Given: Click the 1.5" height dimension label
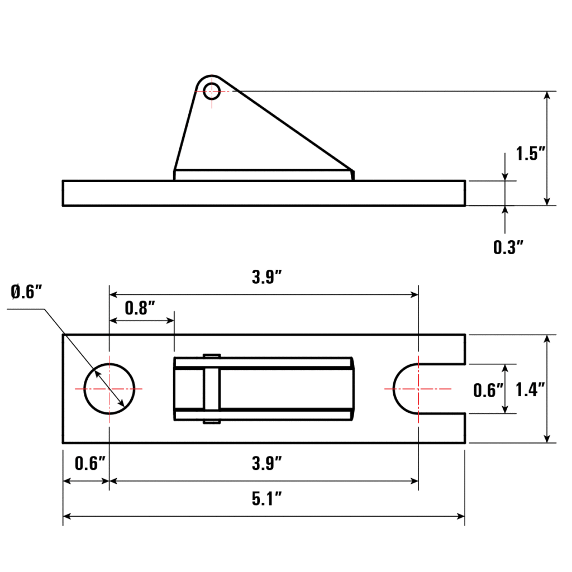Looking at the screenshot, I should (x=530, y=154).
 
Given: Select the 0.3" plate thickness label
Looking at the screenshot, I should (x=508, y=246).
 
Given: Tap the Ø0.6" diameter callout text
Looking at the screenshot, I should (x=26, y=292).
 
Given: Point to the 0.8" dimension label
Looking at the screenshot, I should (x=140, y=308).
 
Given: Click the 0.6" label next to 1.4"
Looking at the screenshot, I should (x=487, y=390).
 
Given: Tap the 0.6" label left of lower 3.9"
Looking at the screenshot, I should (x=89, y=463).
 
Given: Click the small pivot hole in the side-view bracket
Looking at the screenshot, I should (x=212, y=91).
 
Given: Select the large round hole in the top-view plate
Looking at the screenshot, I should (x=109, y=389).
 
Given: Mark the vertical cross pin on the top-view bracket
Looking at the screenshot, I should (x=212, y=389).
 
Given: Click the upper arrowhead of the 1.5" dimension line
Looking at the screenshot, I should (x=547, y=96).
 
